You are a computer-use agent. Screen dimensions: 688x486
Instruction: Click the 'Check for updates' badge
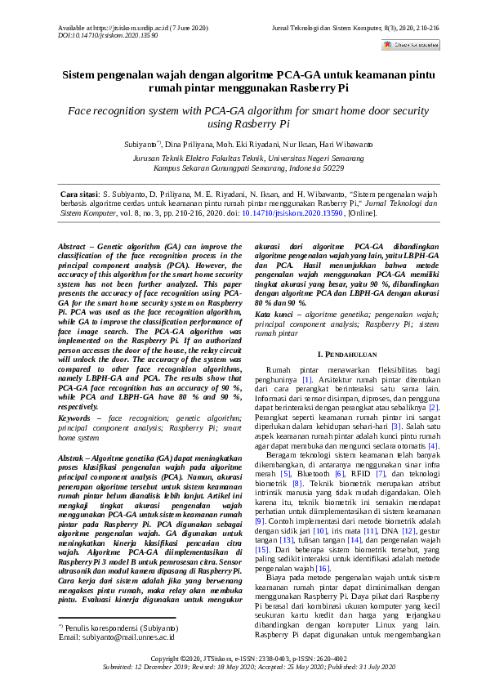click(411, 45)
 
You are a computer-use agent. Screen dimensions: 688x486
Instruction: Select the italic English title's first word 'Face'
click(82, 110)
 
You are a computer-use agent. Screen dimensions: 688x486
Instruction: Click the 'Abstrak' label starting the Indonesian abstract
click(76, 459)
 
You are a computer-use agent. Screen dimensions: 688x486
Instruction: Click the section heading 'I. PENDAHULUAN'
click(346, 355)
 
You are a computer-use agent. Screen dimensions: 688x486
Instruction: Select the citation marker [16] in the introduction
click(322, 544)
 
